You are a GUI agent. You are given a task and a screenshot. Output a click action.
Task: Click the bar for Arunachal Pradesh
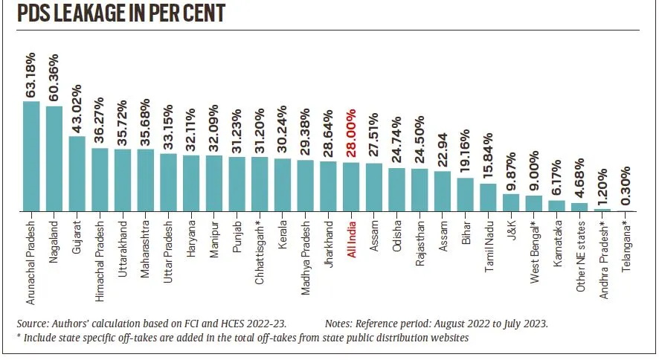point(31,157)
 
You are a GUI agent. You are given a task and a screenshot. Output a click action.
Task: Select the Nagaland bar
point(54,159)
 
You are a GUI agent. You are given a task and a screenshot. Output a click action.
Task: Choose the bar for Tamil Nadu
point(488,198)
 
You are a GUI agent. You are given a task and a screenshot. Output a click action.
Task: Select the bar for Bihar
point(465,195)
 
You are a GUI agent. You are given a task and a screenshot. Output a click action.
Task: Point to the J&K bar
point(511,203)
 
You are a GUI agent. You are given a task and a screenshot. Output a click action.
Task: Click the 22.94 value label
point(443,149)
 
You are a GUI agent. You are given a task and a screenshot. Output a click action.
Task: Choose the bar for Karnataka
point(557,206)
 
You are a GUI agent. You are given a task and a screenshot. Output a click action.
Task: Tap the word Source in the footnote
point(33,325)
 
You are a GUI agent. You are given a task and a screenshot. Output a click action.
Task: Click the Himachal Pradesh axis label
point(100,257)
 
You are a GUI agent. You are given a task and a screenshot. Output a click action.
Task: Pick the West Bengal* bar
point(534,204)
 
